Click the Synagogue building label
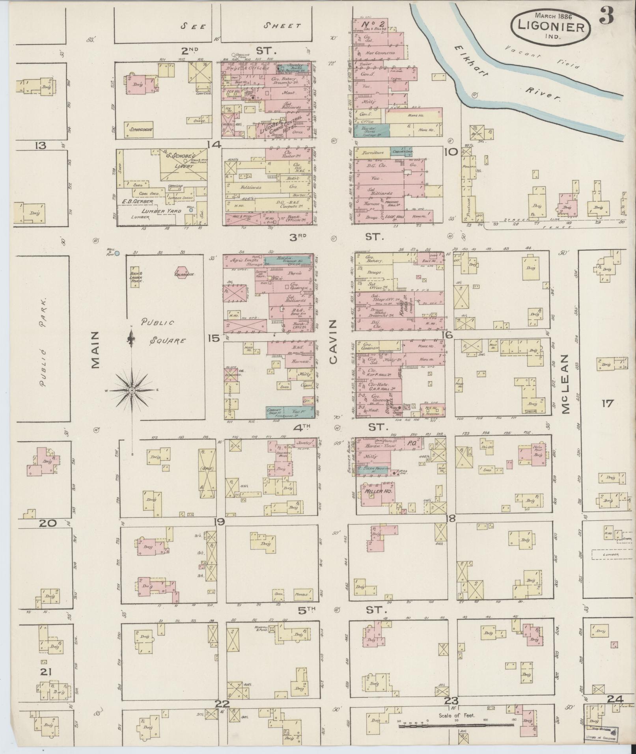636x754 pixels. tap(139, 129)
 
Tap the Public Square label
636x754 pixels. tap(164, 331)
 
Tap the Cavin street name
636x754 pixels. tap(334, 342)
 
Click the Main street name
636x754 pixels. tap(95, 350)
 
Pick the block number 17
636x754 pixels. tap(608, 403)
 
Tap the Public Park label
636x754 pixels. tap(44, 343)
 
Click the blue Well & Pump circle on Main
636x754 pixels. tap(117, 253)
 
